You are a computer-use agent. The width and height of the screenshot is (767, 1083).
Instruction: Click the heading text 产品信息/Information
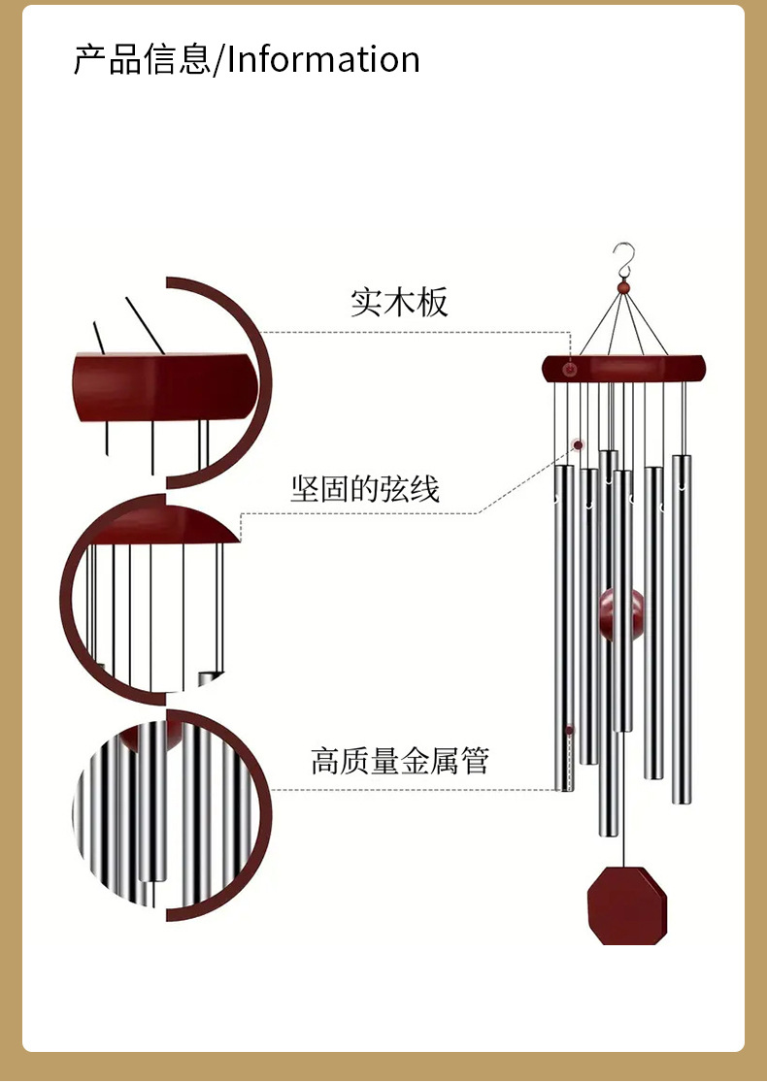(247, 59)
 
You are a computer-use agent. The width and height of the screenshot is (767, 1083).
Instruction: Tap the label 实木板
(399, 302)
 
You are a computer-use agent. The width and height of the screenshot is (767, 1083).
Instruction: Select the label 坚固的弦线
(365, 488)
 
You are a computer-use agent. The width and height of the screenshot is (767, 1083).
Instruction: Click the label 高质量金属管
(400, 760)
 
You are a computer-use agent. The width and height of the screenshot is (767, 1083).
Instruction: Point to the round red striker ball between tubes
(620, 614)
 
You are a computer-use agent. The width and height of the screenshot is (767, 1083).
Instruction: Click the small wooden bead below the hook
(623, 288)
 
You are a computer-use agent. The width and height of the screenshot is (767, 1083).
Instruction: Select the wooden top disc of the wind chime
(623, 368)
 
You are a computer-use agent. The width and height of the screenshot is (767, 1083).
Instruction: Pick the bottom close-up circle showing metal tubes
(170, 815)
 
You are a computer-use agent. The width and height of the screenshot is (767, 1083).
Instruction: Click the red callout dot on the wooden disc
(570, 370)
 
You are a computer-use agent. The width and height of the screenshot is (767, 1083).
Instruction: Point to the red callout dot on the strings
(579, 445)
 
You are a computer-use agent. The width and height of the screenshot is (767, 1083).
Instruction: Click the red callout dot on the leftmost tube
(570, 730)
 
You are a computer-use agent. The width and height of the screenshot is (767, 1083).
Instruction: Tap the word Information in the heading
(323, 59)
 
